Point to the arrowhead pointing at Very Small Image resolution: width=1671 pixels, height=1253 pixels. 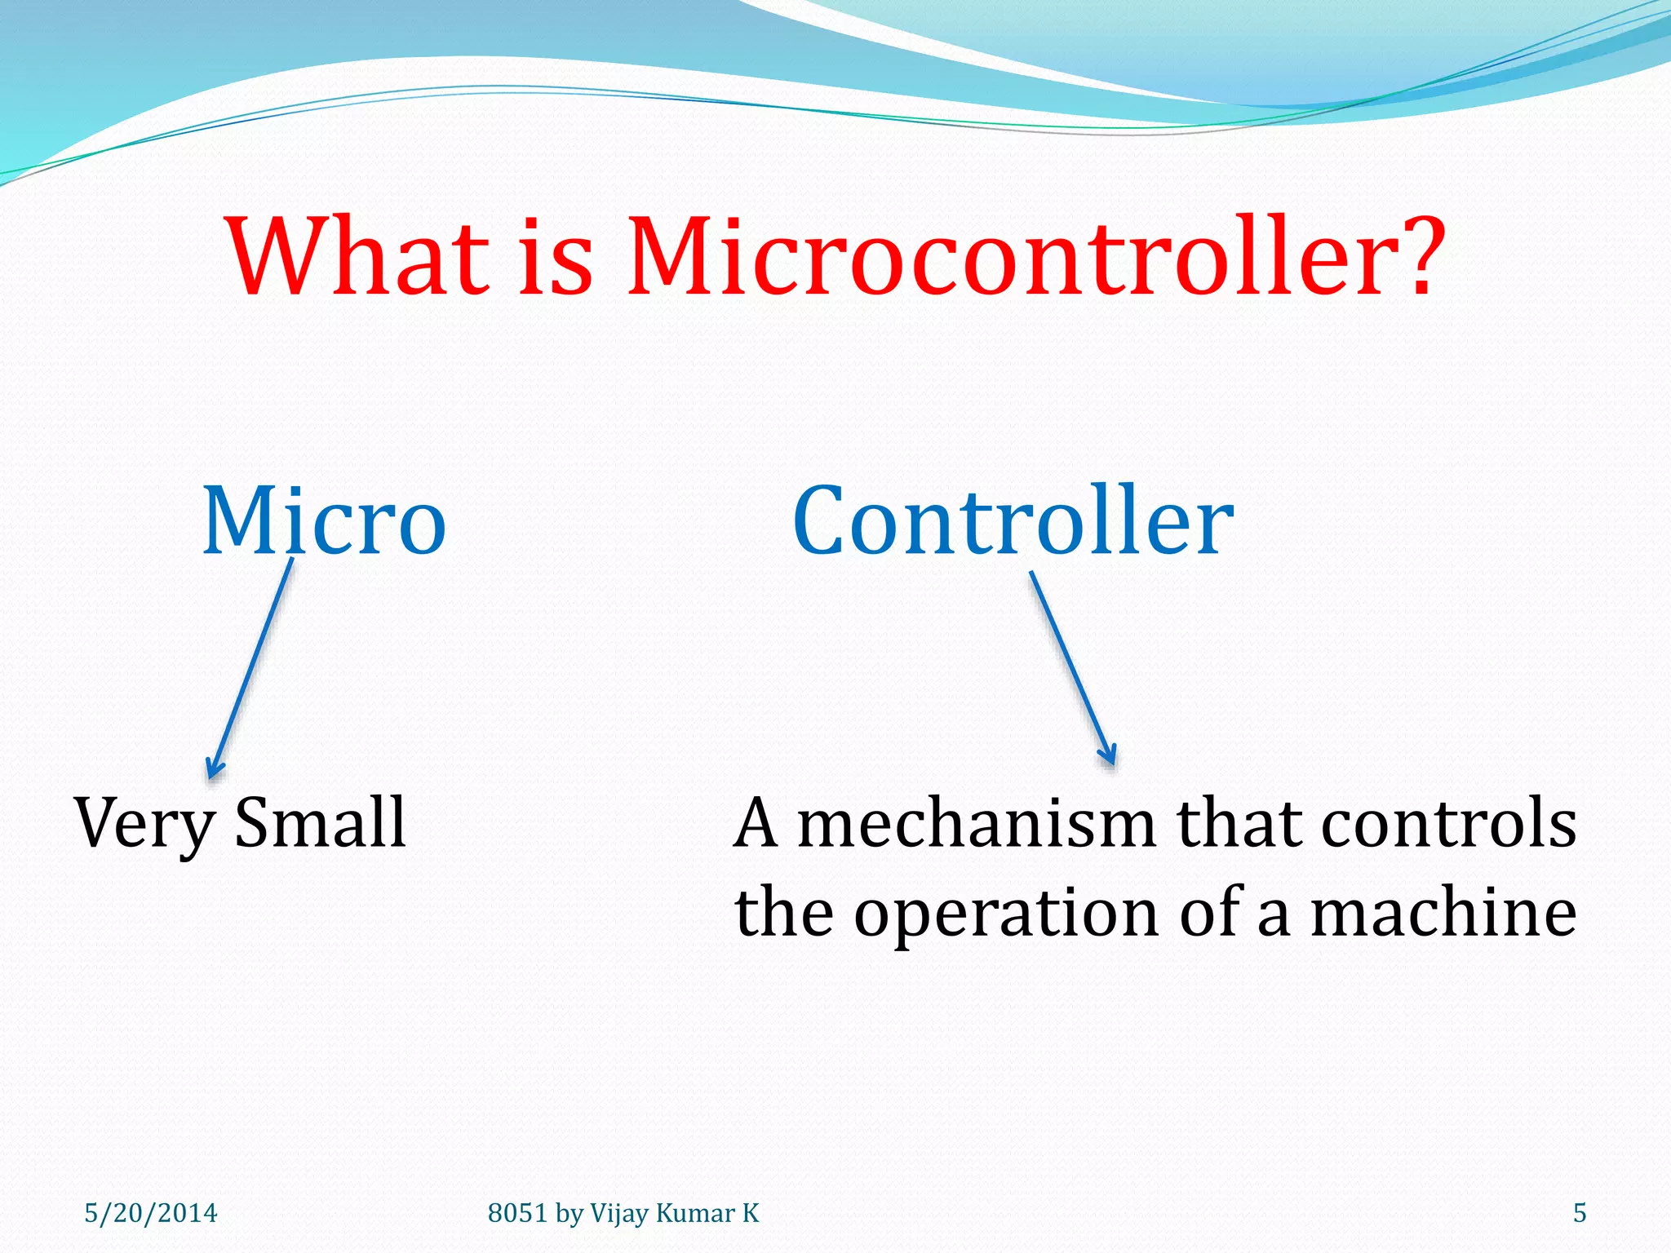pyautogui.click(x=213, y=768)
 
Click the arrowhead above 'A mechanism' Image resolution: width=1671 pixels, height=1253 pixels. pyautogui.click(x=1107, y=755)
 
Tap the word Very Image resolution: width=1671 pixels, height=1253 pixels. pyautogui.click(x=144, y=825)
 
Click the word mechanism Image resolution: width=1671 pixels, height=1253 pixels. pyautogui.click(x=976, y=824)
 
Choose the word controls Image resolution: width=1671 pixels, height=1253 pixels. pyautogui.click(x=1448, y=824)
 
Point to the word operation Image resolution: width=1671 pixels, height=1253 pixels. pyautogui.click(x=1007, y=914)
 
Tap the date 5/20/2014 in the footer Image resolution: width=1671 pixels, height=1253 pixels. pyautogui.click(x=151, y=1213)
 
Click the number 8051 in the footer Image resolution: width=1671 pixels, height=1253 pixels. pyautogui.click(x=517, y=1213)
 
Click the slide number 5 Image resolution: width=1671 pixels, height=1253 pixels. pyautogui.click(x=1580, y=1213)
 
